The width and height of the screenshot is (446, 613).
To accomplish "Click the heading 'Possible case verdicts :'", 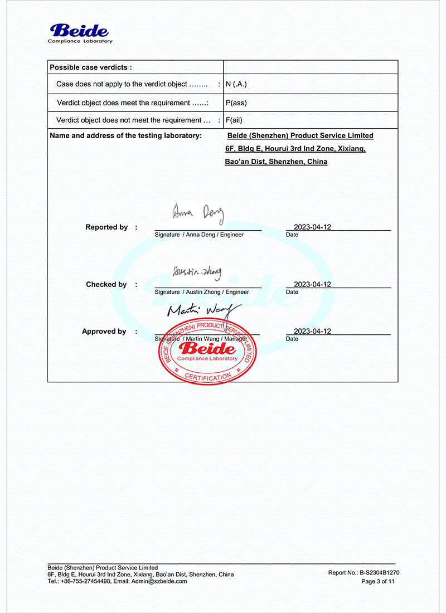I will (x=90, y=67).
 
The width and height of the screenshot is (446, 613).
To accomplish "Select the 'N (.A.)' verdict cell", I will (x=236, y=84).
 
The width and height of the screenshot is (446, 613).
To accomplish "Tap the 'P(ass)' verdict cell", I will (x=236, y=103).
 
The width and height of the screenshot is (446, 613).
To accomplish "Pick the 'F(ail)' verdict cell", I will (x=234, y=120).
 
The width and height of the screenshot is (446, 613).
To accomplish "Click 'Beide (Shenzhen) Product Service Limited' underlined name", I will (x=300, y=135).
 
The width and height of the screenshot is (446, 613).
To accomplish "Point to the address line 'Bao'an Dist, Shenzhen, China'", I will (x=276, y=162).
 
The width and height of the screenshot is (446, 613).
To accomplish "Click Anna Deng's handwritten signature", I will (x=198, y=212).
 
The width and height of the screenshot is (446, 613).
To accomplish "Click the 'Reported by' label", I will (x=106, y=227).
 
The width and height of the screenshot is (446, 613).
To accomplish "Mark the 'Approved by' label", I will (x=104, y=331).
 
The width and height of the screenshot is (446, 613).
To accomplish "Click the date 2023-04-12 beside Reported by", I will (x=312, y=227).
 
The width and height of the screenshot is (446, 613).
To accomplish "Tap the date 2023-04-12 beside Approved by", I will (x=312, y=331).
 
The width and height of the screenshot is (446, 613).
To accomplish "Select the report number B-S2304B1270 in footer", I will (x=379, y=572).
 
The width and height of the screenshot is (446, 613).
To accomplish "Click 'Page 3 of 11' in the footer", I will (x=378, y=581).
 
